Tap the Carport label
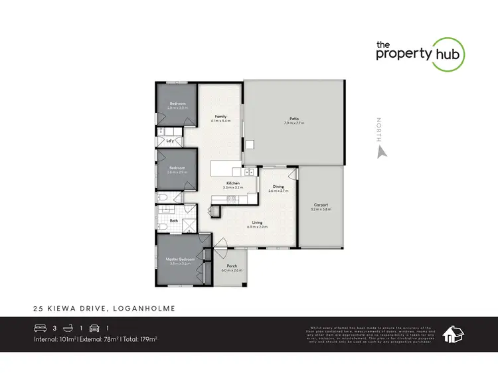[320, 205]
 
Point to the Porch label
[232, 267]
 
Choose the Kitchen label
[232, 183]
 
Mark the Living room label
[257, 223]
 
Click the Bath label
[174, 220]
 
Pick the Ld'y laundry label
[170, 141]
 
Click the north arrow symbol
[380, 151]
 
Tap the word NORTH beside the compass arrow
[379, 128]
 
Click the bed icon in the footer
[41, 328]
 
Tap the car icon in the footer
[94, 328]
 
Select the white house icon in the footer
[453, 334]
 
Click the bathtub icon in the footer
[68, 328]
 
